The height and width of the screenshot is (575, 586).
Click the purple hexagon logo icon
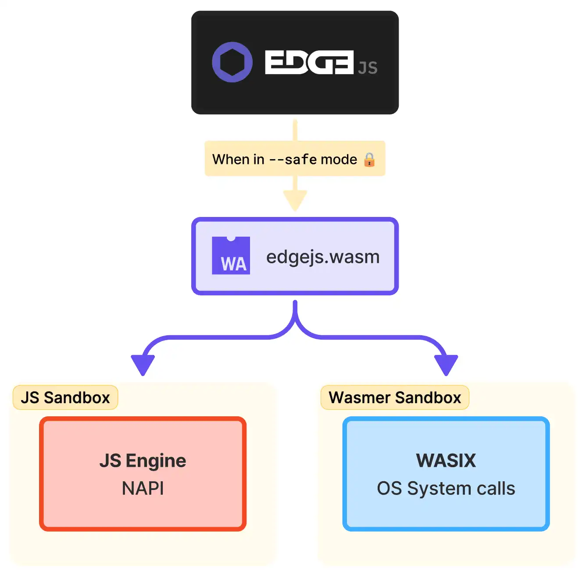tap(232, 62)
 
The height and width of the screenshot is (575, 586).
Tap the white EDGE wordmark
tap(309, 62)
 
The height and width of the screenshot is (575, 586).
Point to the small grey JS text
tap(368, 68)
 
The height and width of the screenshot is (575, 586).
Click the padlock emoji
tap(369, 160)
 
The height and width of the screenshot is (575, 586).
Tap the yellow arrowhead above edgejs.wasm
tap(295, 201)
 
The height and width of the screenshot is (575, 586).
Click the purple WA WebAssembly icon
tap(231, 256)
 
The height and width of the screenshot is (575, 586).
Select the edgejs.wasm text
tap(323, 257)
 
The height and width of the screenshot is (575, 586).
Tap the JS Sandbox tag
tap(65, 398)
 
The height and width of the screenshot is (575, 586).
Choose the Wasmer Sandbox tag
tap(395, 398)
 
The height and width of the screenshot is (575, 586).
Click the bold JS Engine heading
tap(143, 461)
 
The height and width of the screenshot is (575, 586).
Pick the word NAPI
tap(143, 488)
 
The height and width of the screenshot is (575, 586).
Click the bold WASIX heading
tap(446, 461)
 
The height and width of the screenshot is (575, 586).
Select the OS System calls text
tap(446, 488)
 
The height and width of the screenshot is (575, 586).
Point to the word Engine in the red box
tap(156, 461)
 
